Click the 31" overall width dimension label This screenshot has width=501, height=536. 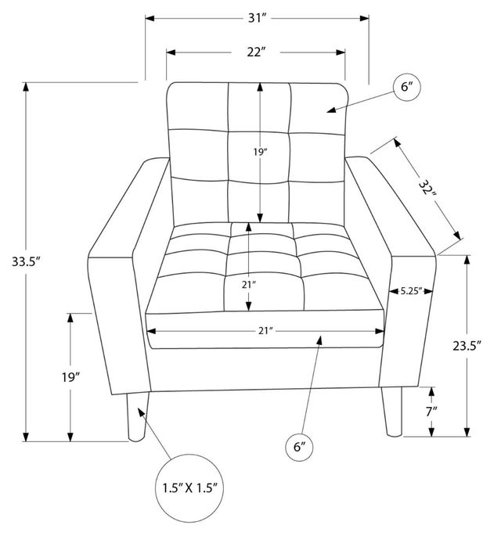[257, 18]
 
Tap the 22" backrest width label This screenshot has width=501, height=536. [256, 52]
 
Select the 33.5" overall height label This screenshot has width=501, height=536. [27, 262]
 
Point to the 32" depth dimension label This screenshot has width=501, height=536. [427, 189]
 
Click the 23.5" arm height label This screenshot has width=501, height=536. [467, 346]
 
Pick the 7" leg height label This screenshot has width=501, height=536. [431, 412]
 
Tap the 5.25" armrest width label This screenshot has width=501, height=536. [411, 291]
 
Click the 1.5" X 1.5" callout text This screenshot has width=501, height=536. [189, 487]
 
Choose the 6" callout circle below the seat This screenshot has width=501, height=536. [299, 447]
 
